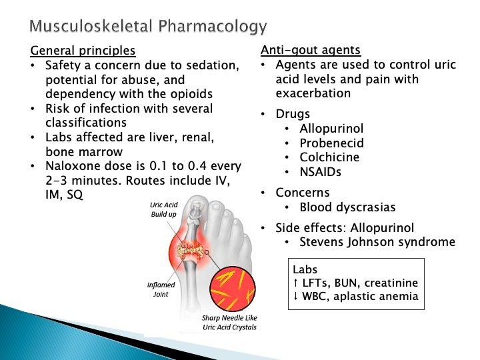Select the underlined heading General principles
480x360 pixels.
click(x=83, y=51)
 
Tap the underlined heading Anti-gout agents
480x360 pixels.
click(x=310, y=50)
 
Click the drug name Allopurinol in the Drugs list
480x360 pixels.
click(x=331, y=128)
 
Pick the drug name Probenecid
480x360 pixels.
click(x=331, y=143)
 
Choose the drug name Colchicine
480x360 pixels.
click(x=329, y=157)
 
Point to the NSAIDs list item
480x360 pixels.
click(x=321, y=172)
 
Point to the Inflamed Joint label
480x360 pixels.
click(x=161, y=289)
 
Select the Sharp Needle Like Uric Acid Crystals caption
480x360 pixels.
click(x=229, y=323)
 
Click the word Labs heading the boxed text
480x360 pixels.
click(x=305, y=271)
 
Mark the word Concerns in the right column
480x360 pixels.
click(x=303, y=193)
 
